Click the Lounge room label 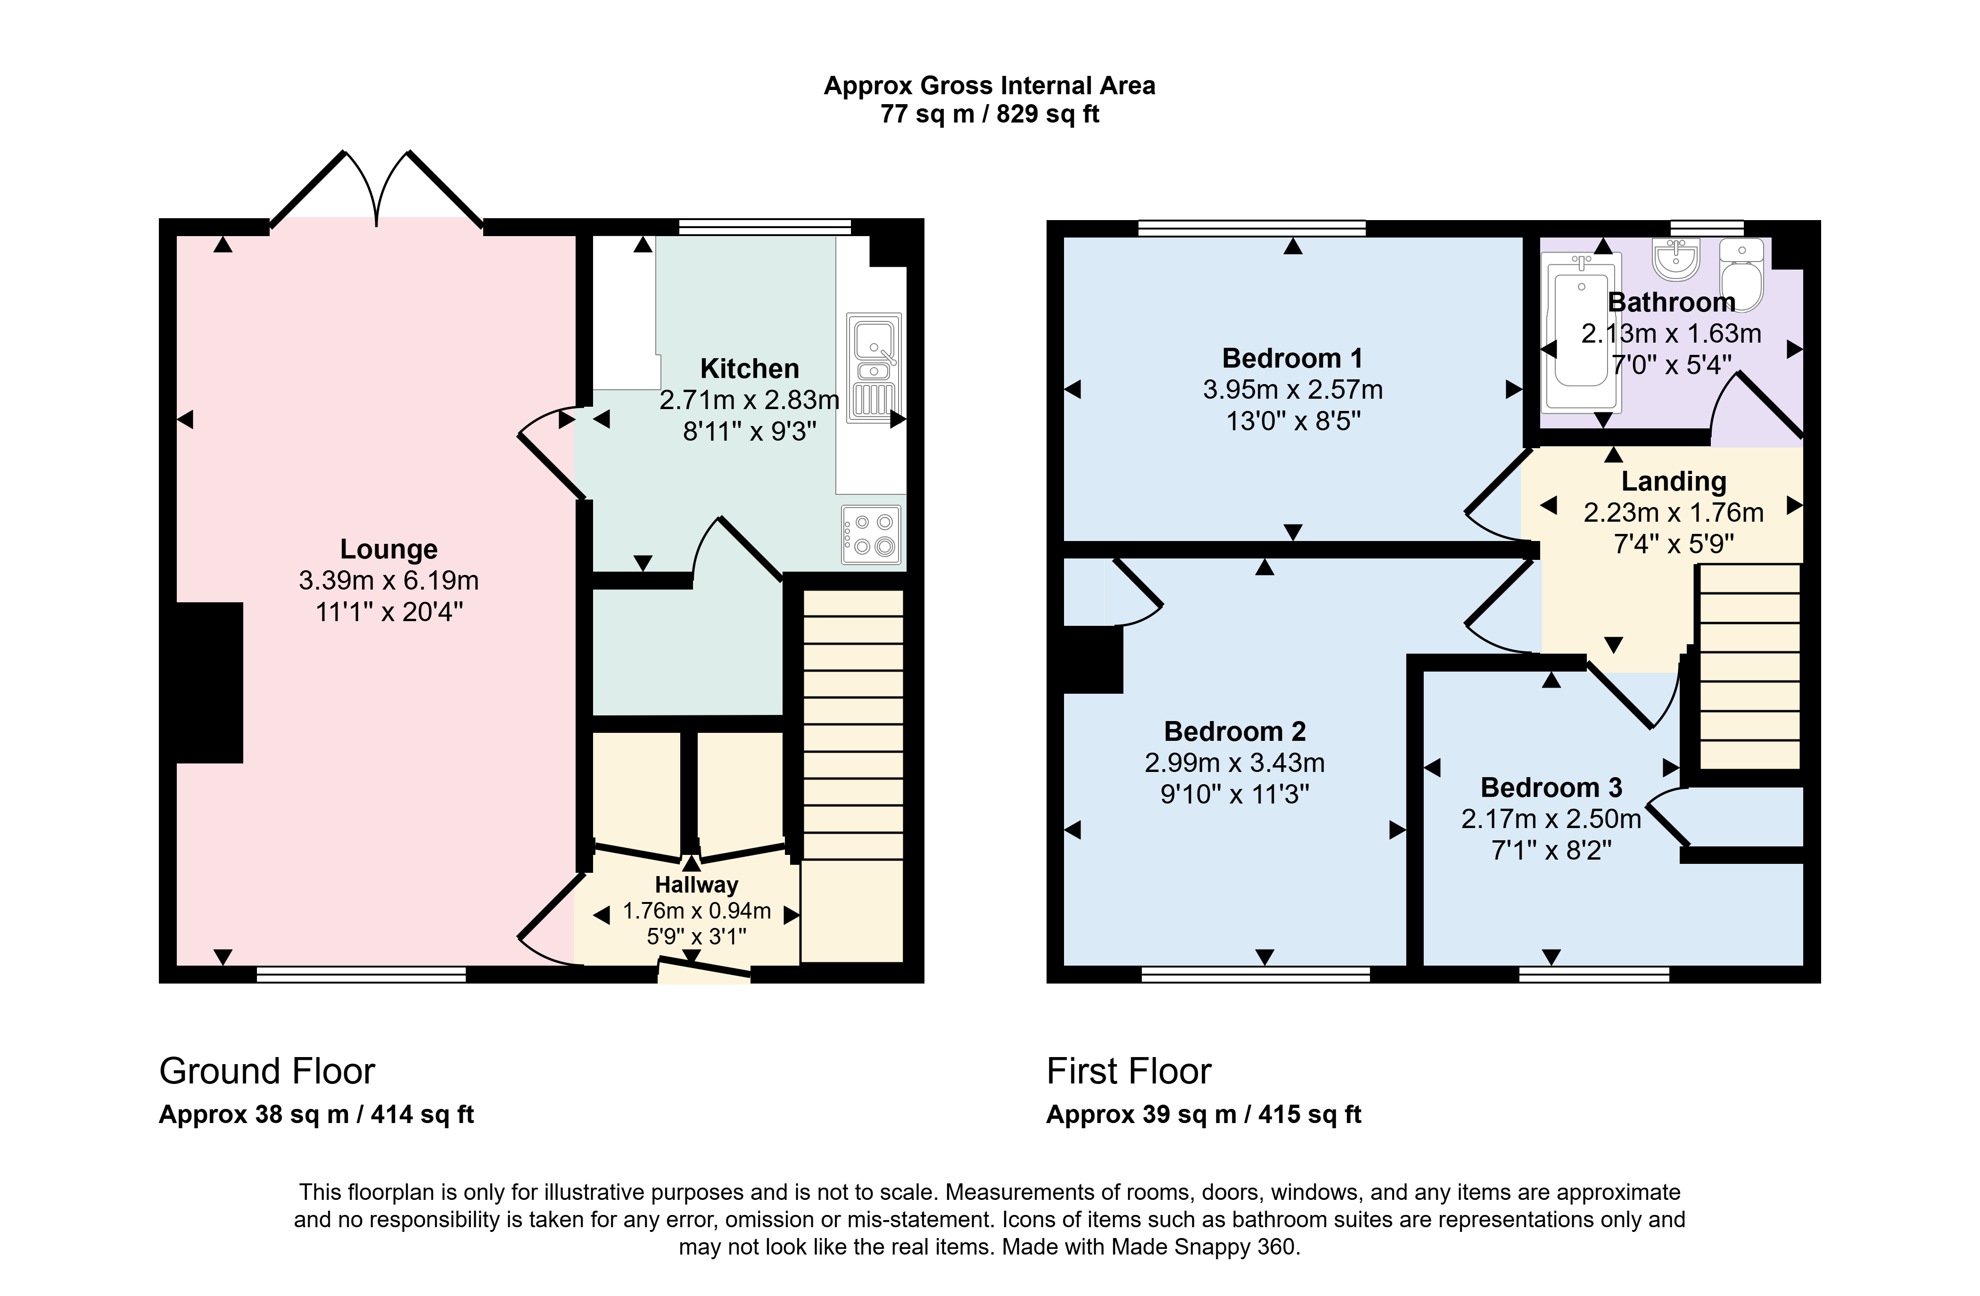pyautogui.click(x=388, y=549)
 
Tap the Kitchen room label pyautogui.click(x=750, y=369)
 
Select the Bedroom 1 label pyautogui.click(x=1292, y=359)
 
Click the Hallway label pyautogui.click(x=696, y=884)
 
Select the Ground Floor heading pyautogui.click(x=267, y=1071)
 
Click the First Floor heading pyautogui.click(x=1129, y=1071)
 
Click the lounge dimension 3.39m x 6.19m pyautogui.click(x=388, y=581)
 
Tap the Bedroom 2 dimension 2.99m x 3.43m pyautogui.click(x=1235, y=763)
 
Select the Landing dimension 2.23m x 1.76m pyautogui.click(x=1673, y=512)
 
